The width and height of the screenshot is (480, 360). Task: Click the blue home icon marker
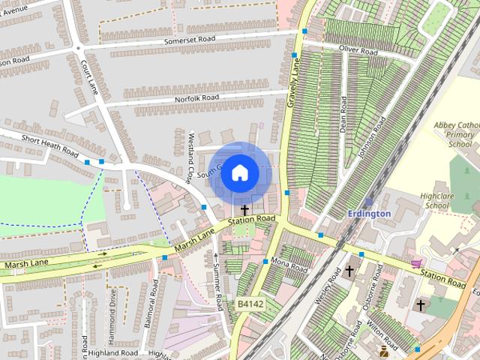click(x=239, y=172)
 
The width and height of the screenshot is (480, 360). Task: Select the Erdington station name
click(x=369, y=214)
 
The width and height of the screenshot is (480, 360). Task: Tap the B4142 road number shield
click(x=250, y=304)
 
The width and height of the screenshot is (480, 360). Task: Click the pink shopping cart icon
click(x=415, y=263)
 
